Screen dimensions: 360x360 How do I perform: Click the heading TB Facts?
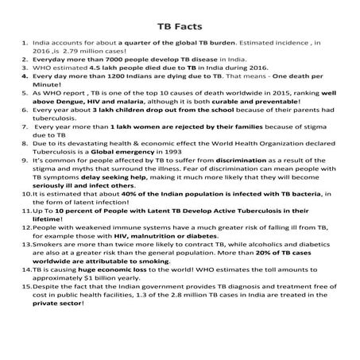[x=179, y=25]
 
